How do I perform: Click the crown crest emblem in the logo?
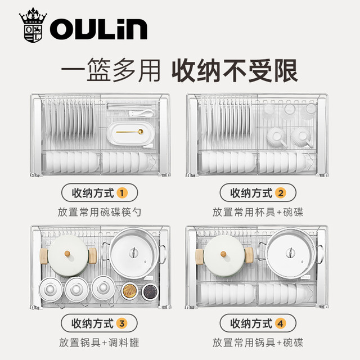(33, 25)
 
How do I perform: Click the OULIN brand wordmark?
(99, 29)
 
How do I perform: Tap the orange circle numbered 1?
(122, 193)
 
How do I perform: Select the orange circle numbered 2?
(281, 193)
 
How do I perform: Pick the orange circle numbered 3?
(122, 323)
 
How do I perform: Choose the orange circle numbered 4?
(281, 323)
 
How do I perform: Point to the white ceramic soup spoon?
(141, 113)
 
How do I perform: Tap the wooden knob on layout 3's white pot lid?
(67, 254)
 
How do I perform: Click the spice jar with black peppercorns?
(150, 291)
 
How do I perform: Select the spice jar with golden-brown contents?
(129, 291)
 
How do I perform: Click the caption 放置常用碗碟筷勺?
(100, 212)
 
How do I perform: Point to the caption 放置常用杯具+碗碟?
(258, 212)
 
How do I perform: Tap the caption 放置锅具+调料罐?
(99, 343)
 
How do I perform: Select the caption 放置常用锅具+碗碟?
(258, 343)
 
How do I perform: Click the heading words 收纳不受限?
(235, 70)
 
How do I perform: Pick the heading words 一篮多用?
(111, 70)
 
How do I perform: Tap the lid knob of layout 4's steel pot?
(290, 253)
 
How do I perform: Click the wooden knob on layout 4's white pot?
(223, 254)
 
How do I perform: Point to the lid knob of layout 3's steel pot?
(133, 253)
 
